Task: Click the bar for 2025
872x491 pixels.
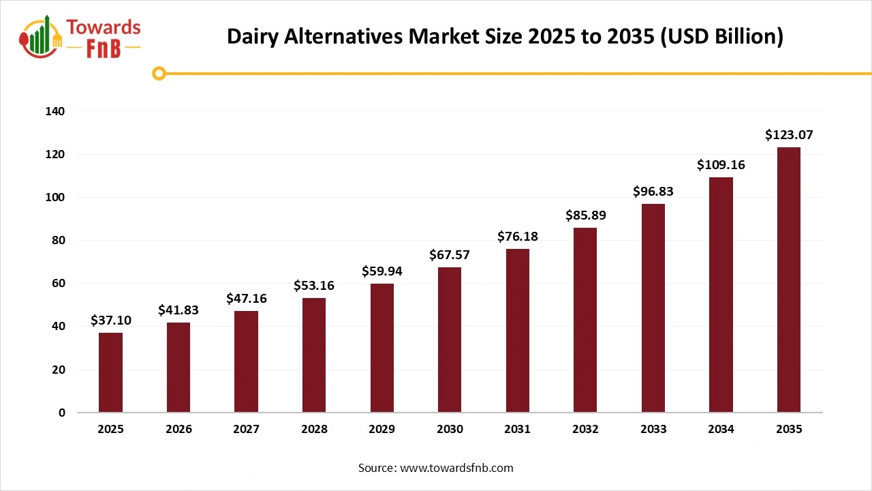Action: click(x=110, y=372)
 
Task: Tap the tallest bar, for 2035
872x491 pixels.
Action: click(x=789, y=280)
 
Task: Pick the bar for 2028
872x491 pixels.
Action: click(x=314, y=355)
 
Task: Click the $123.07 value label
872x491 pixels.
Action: click(x=789, y=135)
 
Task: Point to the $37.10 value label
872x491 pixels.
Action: click(x=110, y=321)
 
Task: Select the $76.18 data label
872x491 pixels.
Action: click(x=517, y=237)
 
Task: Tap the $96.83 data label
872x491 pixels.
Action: click(x=653, y=192)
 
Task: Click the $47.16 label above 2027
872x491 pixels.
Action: click(x=247, y=299)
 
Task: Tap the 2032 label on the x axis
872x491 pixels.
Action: click(x=585, y=430)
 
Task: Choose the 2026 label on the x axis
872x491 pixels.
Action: click(x=178, y=430)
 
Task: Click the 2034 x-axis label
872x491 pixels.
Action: click(x=721, y=430)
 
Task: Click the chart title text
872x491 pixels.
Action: click(x=505, y=37)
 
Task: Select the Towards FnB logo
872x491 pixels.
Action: click(x=80, y=37)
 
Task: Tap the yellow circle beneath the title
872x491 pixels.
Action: click(x=159, y=73)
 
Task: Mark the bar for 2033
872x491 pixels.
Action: click(x=653, y=308)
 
